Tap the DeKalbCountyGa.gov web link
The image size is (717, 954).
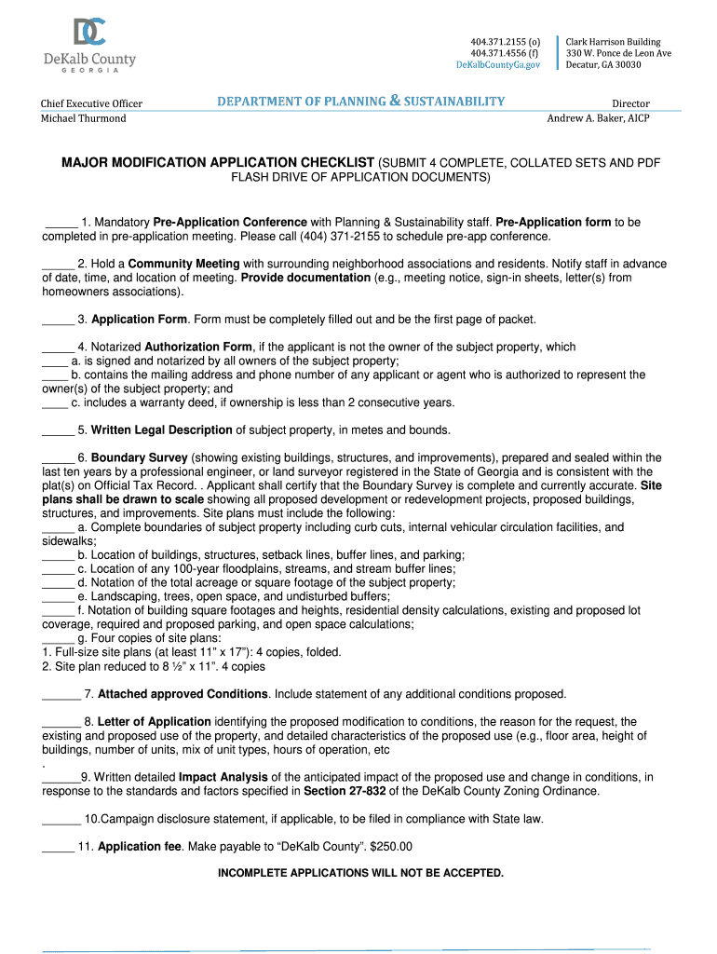pyautogui.click(x=498, y=64)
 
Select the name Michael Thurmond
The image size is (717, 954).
pyautogui.click(x=83, y=118)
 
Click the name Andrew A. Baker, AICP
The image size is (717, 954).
pyautogui.click(x=598, y=117)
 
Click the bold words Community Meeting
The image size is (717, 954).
pyautogui.click(x=183, y=264)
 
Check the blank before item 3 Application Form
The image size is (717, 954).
pyautogui.click(x=58, y=320)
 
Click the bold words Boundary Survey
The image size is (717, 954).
pyautogui.click(x=139, y=458)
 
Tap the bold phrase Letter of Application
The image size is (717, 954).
pyautogui.click(x=154, y=721)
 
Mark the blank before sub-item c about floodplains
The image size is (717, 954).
pyautogui.click(x=58, y=569)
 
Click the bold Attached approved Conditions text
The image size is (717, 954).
pyautogui.click(x=183, y=694)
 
